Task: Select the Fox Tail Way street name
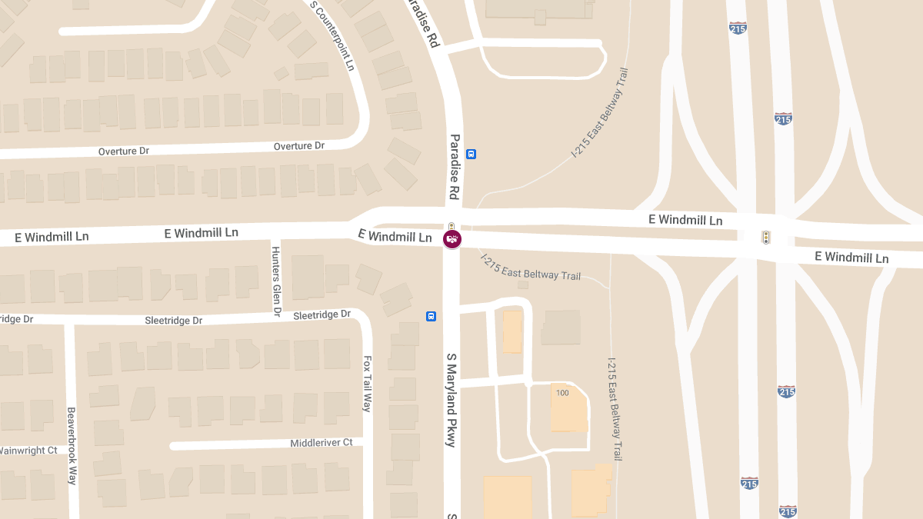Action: click(x=368, y=383)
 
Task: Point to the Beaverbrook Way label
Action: click(x=72, y=445)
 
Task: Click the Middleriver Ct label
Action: click(x=321, y=443)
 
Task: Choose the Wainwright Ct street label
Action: click(x=29, y=450)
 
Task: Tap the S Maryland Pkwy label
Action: click(x=452, y=400)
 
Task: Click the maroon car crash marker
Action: click(x=452, y=240)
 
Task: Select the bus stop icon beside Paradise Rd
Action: click(x=471, y=154)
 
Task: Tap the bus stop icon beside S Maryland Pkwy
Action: click(x=432, y=316)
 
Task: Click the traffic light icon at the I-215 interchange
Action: click(x=766, y=238)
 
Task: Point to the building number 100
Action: click(x=562, y=393)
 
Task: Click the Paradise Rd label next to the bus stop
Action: click(x=455, y=168)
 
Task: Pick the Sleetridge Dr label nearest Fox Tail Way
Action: click(x=322, y=314)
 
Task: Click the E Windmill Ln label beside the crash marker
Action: click(x=395, y=236)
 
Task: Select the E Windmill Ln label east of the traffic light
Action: click(x=851, y=257)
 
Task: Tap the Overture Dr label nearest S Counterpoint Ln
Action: click(x=299, y=145)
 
